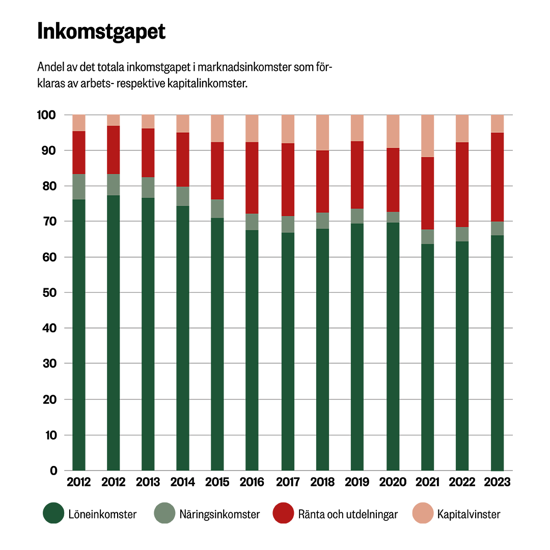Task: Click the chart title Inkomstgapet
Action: coord(101,32)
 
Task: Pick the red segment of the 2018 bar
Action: coord(322,181)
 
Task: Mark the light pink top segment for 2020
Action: coord(393,131)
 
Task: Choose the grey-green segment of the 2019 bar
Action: coord(357,216)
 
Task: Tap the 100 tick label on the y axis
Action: coord(46,115)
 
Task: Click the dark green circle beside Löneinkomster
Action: coord(53,514)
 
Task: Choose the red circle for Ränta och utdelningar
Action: coord(284,514)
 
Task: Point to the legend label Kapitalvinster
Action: coord(469,514)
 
